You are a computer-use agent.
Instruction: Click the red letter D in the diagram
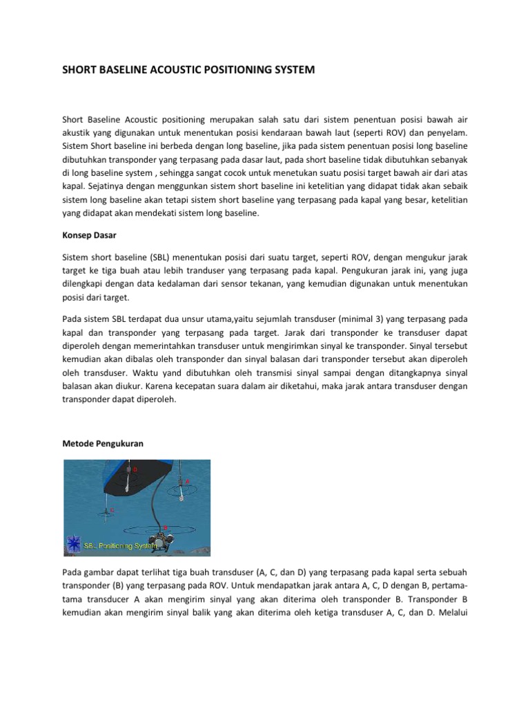135,470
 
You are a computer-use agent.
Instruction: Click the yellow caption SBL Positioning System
119,545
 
